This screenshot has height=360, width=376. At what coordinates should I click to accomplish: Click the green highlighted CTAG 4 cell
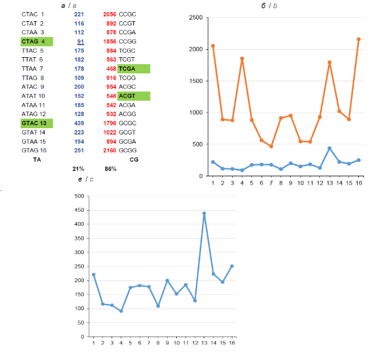pyautogui.click(x=37, y=41)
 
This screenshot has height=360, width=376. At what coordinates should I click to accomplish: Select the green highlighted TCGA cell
pyautogui.click(x=133, y=69)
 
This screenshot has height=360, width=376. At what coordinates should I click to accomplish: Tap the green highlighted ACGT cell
pyautogui.click(x=133, y=96)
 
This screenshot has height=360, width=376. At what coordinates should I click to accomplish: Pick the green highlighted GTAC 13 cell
pyautogui.click(x=37, y=123)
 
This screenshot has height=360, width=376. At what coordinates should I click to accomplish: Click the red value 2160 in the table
pyautogui.click(x=109, y=151)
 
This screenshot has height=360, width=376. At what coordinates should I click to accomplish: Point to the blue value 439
pyautogui.click(x=79, y=123)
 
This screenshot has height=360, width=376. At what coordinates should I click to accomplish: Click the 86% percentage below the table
pyautogui.click(x=110, y=169)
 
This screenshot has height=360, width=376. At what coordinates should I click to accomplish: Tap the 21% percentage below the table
pyautogui.click(x=78, y=169)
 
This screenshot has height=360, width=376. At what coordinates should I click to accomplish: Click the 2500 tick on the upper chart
pyautogui.click(x=196, y=18)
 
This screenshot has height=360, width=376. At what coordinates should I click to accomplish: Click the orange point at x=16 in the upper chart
pyautogui.click(x=358, y=39)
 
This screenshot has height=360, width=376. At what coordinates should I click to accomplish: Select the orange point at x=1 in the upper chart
pyautogui.click(x=213, y=46)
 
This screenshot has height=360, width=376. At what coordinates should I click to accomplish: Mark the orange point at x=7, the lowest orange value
pyautogui.click(x=271, y=146)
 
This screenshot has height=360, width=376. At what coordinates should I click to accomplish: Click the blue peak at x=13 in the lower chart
pyautogui.click(x=204, y=213)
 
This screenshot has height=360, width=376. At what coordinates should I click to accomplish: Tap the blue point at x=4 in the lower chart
pyautogui.click(x=120, y=311)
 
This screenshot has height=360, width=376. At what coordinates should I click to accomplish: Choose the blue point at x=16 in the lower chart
pyautogui.click(x=232, y=266)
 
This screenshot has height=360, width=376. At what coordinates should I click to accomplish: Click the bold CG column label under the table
pyautogui.click(x=134, y=160)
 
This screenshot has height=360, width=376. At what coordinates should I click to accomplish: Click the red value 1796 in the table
pyautogui.click(x=109, y=123)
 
